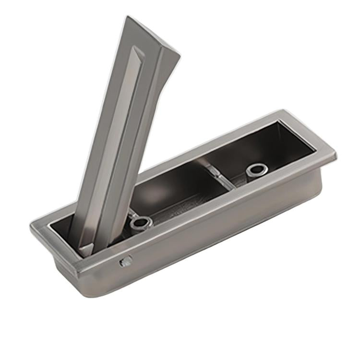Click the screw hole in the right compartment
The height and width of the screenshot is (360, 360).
tap(257, 169)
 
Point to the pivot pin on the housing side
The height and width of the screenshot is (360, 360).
tap(126, 262)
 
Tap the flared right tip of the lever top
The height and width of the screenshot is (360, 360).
tap(179, 54)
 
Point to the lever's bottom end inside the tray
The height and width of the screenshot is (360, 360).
tap(86, 249)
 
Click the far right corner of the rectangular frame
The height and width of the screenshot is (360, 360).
tap(335, 155)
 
